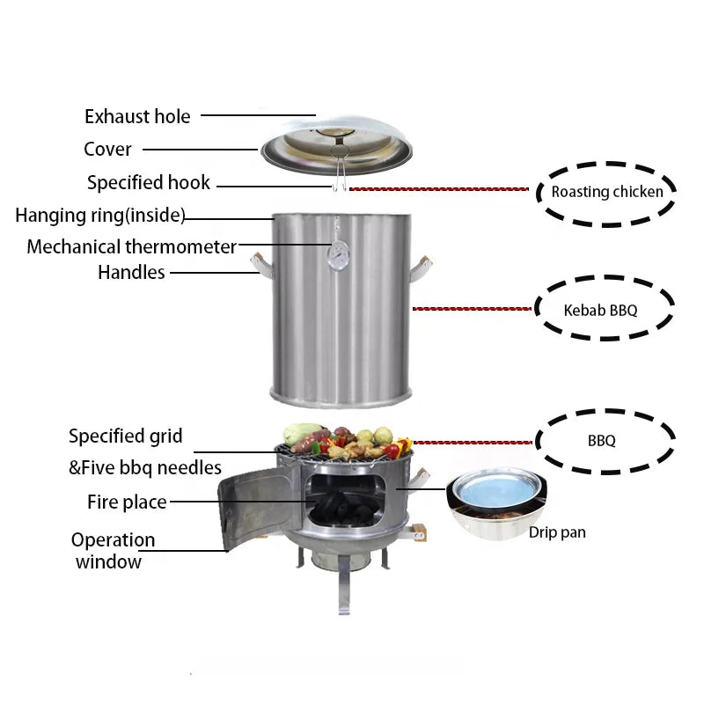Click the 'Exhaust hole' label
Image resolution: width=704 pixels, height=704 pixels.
(137, 116)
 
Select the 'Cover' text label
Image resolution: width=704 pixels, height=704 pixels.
(107, 150)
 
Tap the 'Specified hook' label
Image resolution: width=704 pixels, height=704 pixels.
(149, 183)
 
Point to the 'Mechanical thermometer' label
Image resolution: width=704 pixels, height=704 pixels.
(131, 246)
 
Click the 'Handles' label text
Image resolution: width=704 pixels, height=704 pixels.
(131, 273)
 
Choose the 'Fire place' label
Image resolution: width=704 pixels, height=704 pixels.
(127, 502)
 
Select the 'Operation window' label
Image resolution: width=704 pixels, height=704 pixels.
(113, 551)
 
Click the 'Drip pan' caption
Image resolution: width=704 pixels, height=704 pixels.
(557, 532)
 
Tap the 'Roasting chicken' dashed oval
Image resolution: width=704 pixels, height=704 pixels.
(606, 191)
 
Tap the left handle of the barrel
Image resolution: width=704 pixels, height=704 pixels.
(259, 262)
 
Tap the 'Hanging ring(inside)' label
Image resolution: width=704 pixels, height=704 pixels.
(99, 216)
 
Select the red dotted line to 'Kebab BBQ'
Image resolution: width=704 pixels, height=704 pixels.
(473, 309)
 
